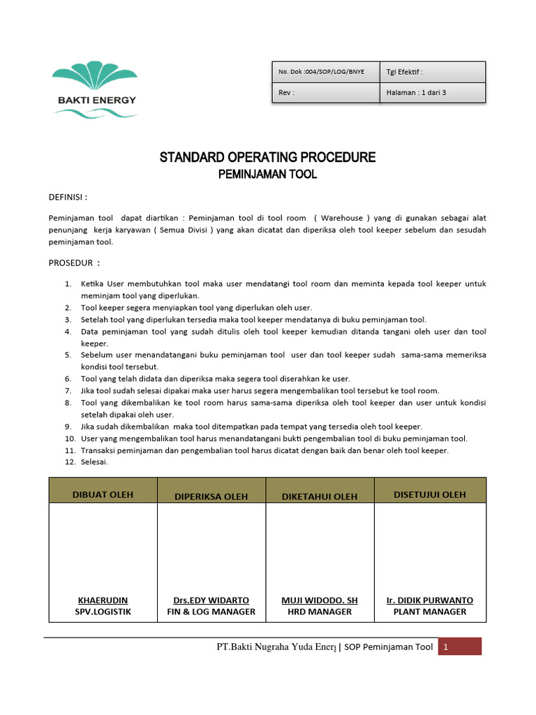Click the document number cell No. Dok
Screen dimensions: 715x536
click(321, 72)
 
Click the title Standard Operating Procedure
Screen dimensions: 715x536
click(267, 157)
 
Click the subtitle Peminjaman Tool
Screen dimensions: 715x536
click(267, 175)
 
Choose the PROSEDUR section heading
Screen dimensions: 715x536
click(74, 263)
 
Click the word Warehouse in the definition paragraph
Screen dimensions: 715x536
click(342, 217)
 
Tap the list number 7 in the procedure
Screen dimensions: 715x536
click(68, 390)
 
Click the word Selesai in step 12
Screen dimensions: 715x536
click(94, 462)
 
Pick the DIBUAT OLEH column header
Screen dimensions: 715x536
click(103, 495)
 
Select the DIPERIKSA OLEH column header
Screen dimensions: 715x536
click(211, 496)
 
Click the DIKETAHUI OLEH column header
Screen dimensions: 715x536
click(320, 496)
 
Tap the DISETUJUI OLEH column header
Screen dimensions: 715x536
click(430, 495)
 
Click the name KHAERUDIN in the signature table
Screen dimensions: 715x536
click(103, 600)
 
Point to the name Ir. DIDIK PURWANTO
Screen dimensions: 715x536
click(430, 600)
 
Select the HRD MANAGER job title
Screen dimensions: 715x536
click(320, 612)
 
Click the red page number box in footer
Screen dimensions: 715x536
click(460, 647)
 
